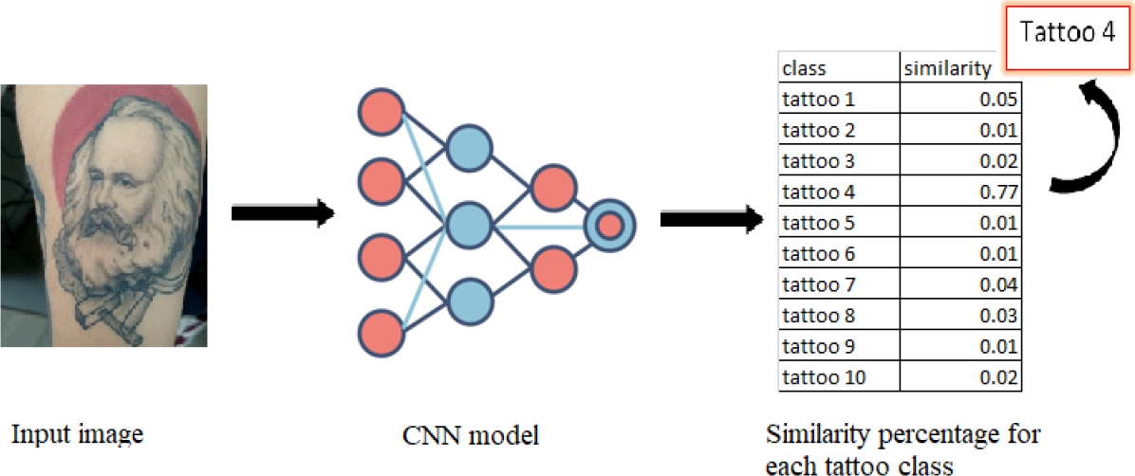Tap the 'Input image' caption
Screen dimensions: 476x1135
(x=77, y=435)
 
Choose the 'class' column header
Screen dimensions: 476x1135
(x=804, y=68)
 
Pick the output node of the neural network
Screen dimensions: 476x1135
(x=609, y=225)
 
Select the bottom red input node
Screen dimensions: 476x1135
(x=381, y=332)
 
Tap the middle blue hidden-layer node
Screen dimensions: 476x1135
(x=470, y=225)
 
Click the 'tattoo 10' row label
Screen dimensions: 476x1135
(x=820, y=378)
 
